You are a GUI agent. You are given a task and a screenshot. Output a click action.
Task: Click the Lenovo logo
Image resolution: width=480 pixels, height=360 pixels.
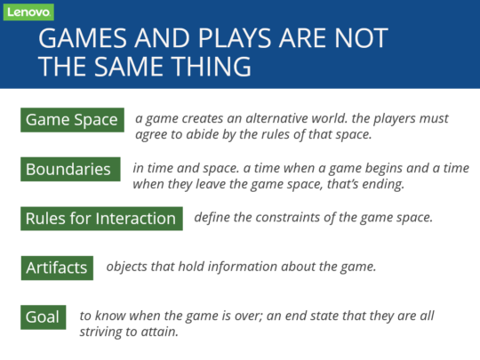[28, 12]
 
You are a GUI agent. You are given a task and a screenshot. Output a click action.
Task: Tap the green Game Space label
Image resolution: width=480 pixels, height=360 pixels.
[72, 120]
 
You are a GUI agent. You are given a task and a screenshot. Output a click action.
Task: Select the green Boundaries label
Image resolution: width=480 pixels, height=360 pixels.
[70, 169]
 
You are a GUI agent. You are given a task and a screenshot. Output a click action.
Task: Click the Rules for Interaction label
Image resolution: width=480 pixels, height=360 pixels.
[101, 219]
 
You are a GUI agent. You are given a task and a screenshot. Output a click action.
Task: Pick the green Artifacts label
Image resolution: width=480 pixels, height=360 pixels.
[57, 268]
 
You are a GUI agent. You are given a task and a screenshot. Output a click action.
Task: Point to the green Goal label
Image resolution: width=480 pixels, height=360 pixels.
[44, 317]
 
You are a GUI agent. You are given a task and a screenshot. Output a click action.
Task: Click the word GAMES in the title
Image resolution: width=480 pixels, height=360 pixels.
[83, 38]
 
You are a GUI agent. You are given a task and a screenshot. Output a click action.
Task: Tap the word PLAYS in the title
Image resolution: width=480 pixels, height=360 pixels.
[235, 38]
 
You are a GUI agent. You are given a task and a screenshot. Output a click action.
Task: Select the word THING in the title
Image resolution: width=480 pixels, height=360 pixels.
[211, 67]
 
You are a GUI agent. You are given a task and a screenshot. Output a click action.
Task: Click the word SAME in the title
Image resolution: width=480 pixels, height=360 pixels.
[128, 67]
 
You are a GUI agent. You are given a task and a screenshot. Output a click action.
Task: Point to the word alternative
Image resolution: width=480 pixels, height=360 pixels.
[276, 118]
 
